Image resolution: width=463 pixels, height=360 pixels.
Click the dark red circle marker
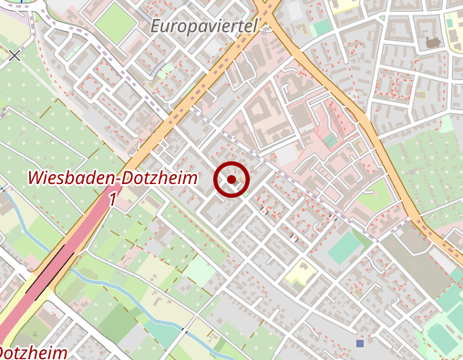coord(231,180)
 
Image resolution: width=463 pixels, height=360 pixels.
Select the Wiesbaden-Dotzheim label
coord(113,179)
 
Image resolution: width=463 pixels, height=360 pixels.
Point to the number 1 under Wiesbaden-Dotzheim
coord(113,199)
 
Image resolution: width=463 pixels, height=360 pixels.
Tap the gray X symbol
coord(15,56)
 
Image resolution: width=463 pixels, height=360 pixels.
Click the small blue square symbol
coord(360,344)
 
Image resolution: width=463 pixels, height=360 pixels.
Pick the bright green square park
coord(115,24)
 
